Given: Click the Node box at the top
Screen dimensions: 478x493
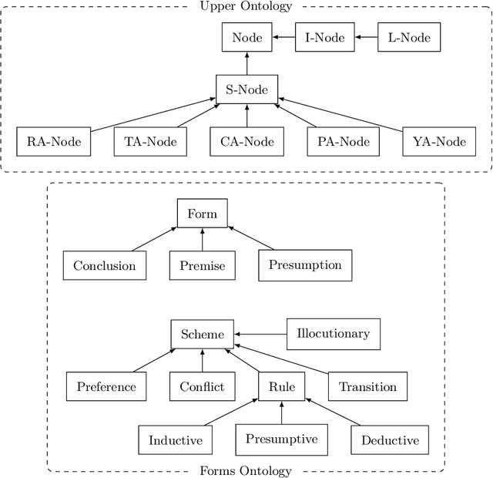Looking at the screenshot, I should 246,37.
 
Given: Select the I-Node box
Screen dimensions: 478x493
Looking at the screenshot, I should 324,37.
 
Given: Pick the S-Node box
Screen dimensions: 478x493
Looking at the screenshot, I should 246,90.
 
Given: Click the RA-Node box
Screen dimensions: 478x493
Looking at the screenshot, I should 53,142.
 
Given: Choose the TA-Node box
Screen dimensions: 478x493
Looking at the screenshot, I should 150,142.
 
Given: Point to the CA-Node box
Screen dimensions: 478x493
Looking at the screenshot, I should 246,142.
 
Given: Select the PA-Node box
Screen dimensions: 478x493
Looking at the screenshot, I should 344,142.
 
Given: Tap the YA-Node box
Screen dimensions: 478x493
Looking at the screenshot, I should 440,142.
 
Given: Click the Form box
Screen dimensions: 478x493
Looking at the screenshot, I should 203,214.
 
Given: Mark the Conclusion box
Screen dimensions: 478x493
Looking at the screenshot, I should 105,266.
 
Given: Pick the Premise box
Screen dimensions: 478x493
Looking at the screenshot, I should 203,266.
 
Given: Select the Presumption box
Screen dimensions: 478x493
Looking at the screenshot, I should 305,265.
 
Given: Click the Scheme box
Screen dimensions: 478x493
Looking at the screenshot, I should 203,335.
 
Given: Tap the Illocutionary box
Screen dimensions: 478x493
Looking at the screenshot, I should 333,334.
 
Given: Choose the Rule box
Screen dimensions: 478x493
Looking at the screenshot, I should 281,386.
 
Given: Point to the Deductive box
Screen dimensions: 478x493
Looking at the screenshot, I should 390,440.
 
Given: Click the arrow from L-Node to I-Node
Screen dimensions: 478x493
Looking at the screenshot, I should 366,37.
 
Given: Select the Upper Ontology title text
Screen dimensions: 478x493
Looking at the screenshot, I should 246,7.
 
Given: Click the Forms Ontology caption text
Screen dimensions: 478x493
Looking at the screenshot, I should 246,471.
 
